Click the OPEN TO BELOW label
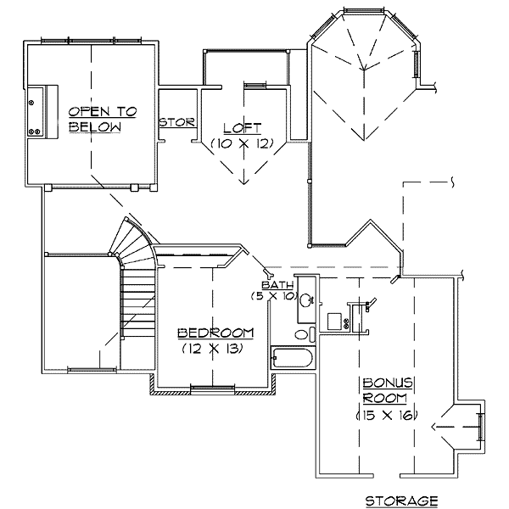[x=103, y=119]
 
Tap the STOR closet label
[x=177, y=122]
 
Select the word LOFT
[x=243, y=128]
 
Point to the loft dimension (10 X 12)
[x=243, y=143]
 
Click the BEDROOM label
[x=215, y=333]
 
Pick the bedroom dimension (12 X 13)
[x=213, y=349]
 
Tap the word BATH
[x=277, y=285]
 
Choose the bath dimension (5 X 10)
[x=274, y=296]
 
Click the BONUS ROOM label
[x=388, y=390]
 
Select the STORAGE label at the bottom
[x=402, y=501]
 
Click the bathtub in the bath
[x=292, y=358]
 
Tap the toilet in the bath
[x=305, y=334]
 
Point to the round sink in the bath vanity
[x=306, y=300]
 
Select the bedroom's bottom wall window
[x=212, y=389]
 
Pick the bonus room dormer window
[x=480, y=427]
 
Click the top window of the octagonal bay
[x=364, y=11]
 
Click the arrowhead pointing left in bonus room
[x=435, y=427]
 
